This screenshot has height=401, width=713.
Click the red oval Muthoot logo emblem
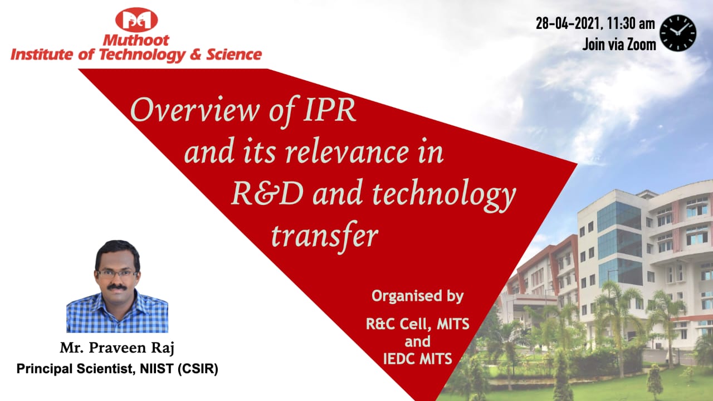click(x=136, y=19)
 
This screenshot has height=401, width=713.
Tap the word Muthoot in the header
click(x=136, y=41)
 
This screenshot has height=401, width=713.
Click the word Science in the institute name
click(x=234, y=55)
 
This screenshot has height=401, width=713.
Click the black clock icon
click(x=678, y=33)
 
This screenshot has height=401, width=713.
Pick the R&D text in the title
click(x=267, y=193)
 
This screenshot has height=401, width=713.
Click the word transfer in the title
click(x=325, y=236)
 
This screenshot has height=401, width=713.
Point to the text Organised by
click(x=417, y=296)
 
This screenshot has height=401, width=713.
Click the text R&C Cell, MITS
click(x=418, y=324)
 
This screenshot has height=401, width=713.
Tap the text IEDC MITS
click(x=418, y=359)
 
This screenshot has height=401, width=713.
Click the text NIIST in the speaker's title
click(x=157, y=369)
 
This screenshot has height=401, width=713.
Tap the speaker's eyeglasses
click(x=117, y=273)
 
